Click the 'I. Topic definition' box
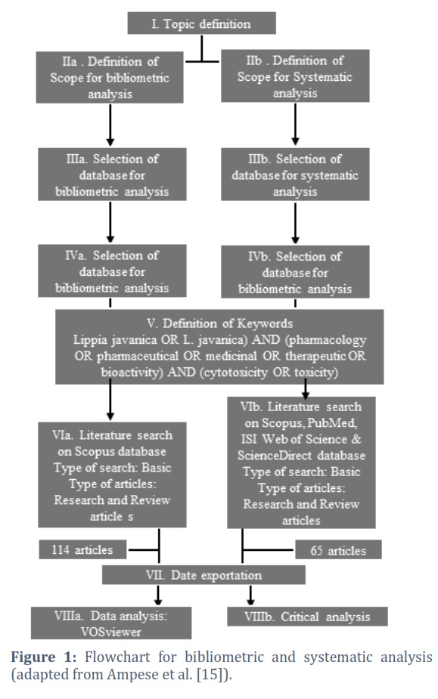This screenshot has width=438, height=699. (201, 23)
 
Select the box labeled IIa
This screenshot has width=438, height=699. (110, 78)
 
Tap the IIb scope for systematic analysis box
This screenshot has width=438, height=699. (295, 76)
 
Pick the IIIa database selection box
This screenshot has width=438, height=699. (112, 175)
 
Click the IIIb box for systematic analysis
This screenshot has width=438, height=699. (295, 175)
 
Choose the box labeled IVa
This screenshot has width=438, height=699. (112, 271)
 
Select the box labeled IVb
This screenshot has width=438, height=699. (295, 272)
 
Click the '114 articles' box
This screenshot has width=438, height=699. (82, 549)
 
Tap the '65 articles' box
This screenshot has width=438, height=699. (338, 550)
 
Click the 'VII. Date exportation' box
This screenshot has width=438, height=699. (203, 575)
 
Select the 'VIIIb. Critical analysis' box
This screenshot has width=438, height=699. (307, 617)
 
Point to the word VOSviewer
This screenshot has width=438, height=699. (110, 632)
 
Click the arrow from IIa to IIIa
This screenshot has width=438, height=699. (110, 125)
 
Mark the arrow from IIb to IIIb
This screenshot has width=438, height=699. (295, 124)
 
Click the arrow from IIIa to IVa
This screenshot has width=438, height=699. (110, 222)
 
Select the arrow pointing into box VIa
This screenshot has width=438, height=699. (110, 400)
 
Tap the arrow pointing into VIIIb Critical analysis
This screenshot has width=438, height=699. (250, 595)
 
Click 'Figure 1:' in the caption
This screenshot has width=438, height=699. (44, 657)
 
